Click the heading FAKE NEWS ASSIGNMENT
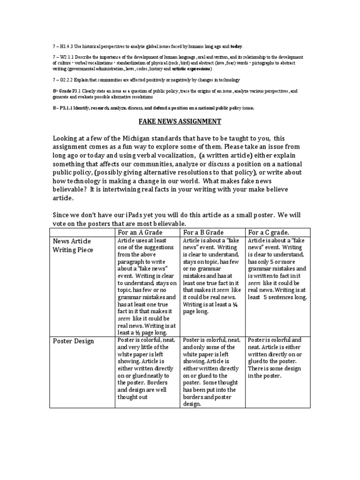[180, 121]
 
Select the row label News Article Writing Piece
[73, 245]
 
